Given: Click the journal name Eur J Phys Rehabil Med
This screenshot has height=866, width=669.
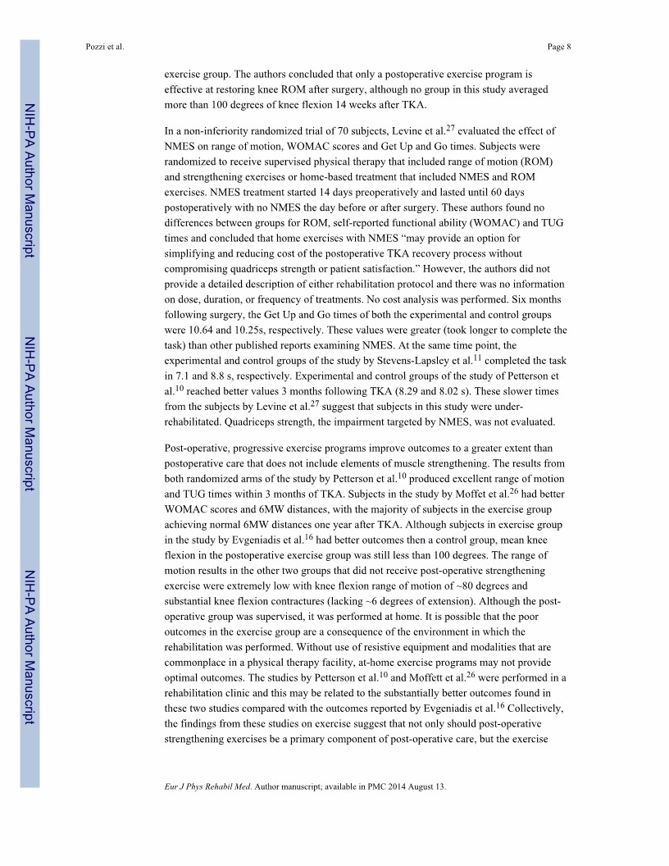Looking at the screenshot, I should [x=207, y=787].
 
